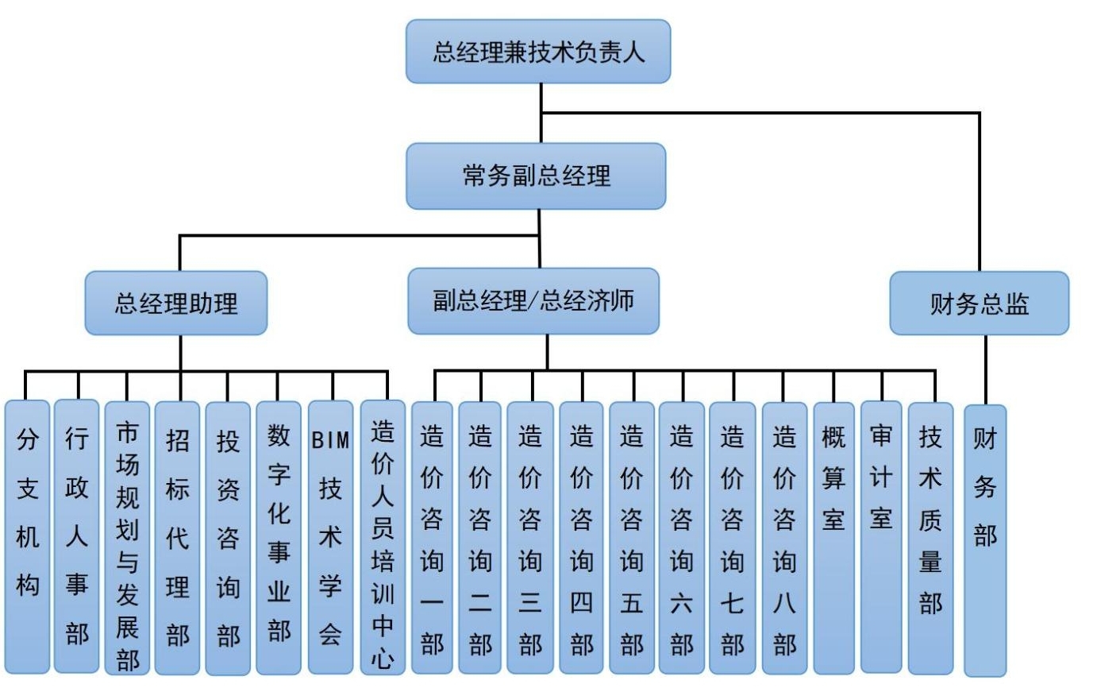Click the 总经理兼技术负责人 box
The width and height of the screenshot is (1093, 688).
pyautogui.click(x=538, y=52)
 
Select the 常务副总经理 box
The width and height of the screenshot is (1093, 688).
pyautogui.click(x=536, y=176)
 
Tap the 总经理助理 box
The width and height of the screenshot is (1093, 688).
pyautogui.click(x=176, y=303)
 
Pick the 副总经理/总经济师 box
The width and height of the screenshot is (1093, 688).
pyautogui.click(x=533, y=301)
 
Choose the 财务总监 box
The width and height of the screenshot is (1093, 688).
pyautogui.click(x=979, y=303)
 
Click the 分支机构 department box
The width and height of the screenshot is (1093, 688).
pyautogui.click(x=27, y=536)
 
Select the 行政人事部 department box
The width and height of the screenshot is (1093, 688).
pyautogui.click(x=77, y=536)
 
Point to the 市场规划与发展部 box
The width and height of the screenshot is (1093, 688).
pyautogui.click(x=127, y=536)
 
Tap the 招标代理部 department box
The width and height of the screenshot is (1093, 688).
pyautogui.click(x=178, y=536)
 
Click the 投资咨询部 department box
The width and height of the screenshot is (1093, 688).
pyautogui.click(x=228, y=536)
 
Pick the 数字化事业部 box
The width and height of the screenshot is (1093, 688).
pyautogui.click(x=279, y=536)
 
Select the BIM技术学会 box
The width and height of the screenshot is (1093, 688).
pyautogui.click(x=330, y=536)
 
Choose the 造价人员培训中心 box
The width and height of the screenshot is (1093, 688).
pyautogui.click(x=383, y=536)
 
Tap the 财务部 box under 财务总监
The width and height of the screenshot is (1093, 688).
pyautogui.click(x=985, y=540)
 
